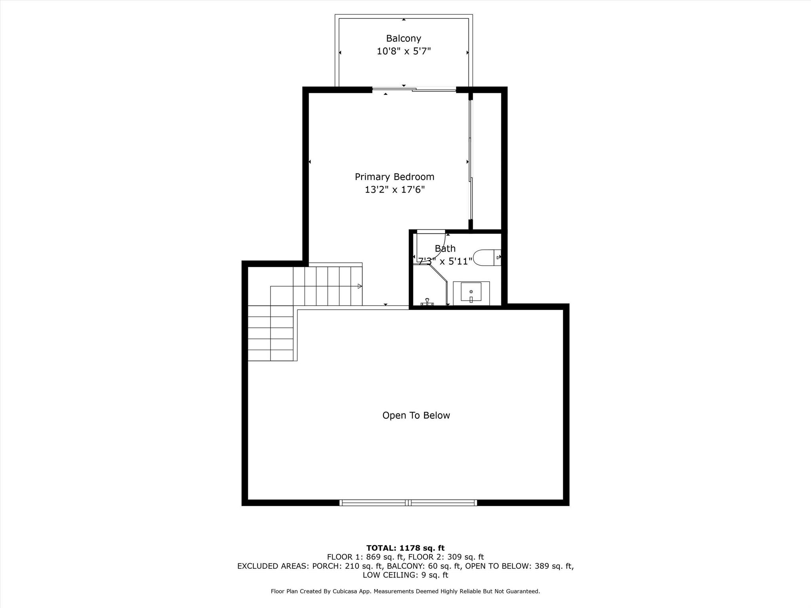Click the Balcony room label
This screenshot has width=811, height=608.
point(404,38)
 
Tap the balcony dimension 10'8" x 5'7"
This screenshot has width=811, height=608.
point(404,51)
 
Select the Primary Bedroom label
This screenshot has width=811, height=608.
point(394,177)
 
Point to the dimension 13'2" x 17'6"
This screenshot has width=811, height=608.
point(394,190)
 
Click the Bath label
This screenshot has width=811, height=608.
point(445,249)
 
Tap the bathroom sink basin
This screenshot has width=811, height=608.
point(471,292)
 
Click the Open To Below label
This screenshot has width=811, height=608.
point(416,415)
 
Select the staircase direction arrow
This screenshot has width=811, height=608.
point(360,286)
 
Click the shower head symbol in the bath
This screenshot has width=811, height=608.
point(427,302)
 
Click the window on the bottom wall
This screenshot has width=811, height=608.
point(408,503)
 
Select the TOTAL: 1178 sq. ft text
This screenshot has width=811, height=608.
point(405,548)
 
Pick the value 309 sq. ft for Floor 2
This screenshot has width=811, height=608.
point(468,557)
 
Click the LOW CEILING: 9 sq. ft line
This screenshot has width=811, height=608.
point(405,575)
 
